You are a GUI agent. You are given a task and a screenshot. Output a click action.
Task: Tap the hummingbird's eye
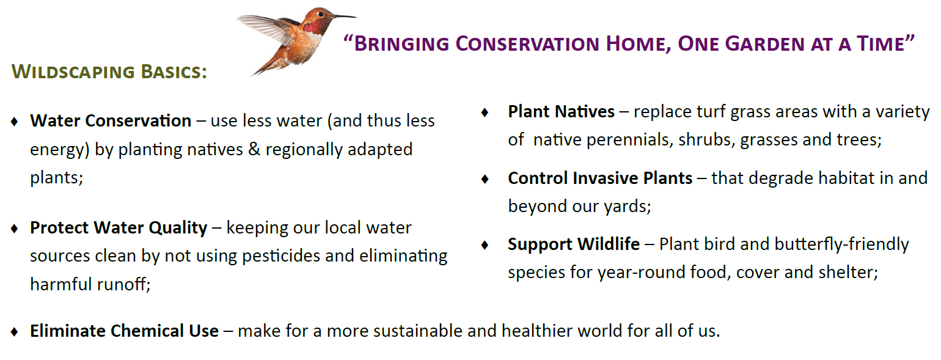pyautogui.click(x=321, y=14)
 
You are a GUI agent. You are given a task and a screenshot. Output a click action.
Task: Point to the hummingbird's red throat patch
pyautogui.click(x=312, y=27)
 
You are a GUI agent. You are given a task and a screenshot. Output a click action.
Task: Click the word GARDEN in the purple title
pyautogui.click(x=764, y=44)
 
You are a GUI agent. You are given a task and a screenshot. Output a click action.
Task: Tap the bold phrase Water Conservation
pyautogui.click(x=111, y=121)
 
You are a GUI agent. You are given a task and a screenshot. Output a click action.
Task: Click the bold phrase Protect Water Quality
pyautogui.click(x=119, y=228)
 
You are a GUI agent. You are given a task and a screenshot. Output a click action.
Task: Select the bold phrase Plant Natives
pyautogui.click(x=561, y=112)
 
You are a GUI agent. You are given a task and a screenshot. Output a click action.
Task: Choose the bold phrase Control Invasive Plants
pyautogui.click(x=600, y=178)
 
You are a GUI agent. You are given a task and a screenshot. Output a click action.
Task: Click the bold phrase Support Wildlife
pyautogui.click(x=573, y=244)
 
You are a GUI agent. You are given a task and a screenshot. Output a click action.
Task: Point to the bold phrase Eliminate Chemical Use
pyautogui.click(x=124, y=331)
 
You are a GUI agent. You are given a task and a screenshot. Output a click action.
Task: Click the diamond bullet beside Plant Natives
pyautogui.click(x=485, y=112)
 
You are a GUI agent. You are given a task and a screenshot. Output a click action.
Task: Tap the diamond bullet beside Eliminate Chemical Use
pyautogui.click(x=15, y=332)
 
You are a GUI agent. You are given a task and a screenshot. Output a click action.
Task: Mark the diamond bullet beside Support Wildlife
pyautogui.click(x=485, y=245)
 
